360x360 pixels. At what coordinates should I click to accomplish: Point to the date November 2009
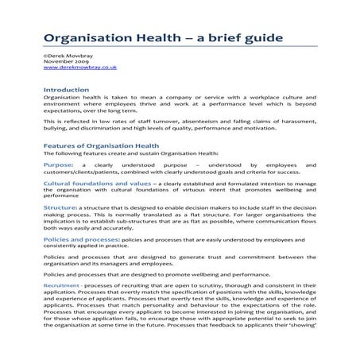[x=66, y=62]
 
